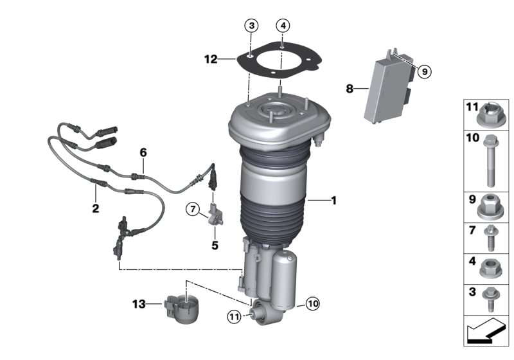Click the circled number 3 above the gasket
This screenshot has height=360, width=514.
click(251, 26)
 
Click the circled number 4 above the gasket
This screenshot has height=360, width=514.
click(283, 25)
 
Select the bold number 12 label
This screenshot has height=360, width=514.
click(211, 59)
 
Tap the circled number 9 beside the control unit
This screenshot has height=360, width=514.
click(425, 71)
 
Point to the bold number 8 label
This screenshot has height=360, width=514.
click(350, 89)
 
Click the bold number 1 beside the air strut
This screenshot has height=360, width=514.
click(333, 201)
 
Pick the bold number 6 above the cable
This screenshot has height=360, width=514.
click(143, 152)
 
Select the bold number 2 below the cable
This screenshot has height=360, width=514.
click(95, 208)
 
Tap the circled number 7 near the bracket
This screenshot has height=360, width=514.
click(193, 209)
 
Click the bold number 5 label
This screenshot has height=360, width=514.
click(215, 245)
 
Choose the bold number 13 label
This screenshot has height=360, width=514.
click(139, 304)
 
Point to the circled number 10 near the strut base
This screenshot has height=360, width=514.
click(312, 303)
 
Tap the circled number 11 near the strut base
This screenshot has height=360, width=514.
click(234, 317)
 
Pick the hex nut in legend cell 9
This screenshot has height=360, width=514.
click(490, 206)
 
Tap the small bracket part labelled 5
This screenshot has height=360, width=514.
click(216, 215)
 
